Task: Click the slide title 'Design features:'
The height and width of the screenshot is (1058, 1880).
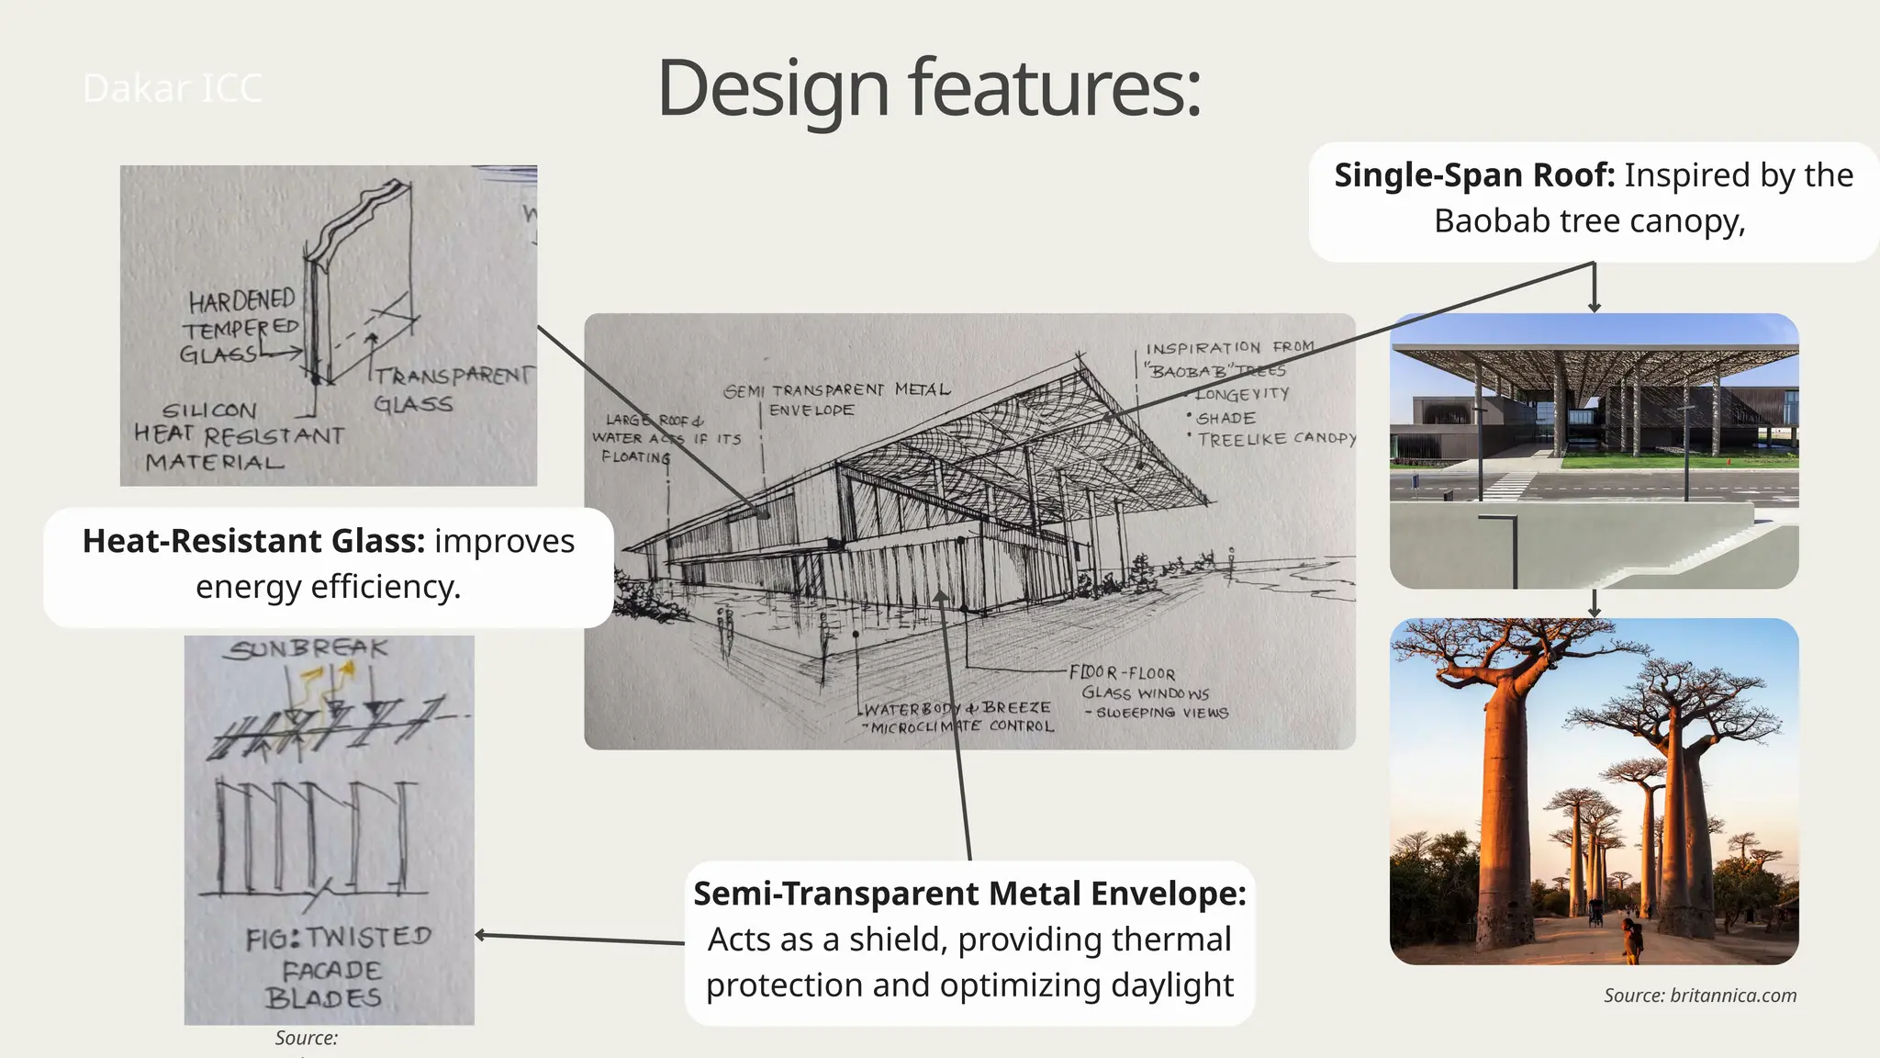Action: [929, 88]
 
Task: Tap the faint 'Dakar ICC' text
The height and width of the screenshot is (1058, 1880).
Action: [172, 89]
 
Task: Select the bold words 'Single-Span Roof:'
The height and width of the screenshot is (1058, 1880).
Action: [1474, 175]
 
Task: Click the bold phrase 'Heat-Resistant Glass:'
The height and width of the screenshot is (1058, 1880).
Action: [253, 541]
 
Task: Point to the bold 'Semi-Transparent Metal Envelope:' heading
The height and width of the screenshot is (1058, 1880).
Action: [969, 894]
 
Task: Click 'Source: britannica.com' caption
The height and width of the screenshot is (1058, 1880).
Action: [1700, 996]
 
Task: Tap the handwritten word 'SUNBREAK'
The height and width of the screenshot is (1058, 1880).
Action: [308, 649]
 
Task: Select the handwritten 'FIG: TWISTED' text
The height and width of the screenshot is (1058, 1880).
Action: [338, 938]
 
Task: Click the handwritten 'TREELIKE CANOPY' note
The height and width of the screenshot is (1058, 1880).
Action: [1276, 440]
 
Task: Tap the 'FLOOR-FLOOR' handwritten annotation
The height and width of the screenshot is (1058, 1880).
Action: [1123, 673]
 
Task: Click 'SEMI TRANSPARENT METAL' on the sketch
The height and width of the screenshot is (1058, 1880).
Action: [836, 390]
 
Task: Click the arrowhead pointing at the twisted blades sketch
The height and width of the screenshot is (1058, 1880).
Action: [480, 935]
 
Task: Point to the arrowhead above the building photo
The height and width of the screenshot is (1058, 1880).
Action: [1595, 307]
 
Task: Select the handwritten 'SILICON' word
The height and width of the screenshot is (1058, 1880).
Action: [209, 411]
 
